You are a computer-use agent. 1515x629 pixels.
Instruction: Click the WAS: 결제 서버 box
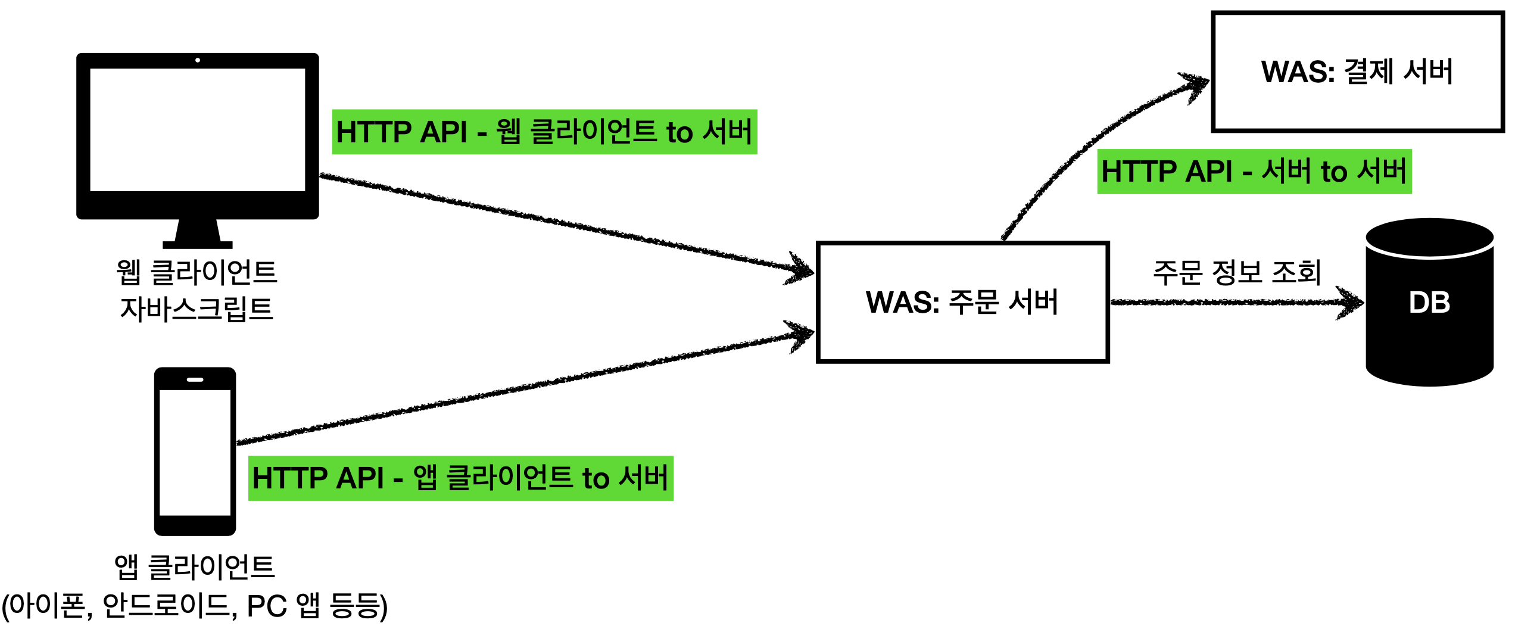[x=1358, y=71]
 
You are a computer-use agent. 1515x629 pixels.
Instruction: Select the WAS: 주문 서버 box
[x=962, y=302]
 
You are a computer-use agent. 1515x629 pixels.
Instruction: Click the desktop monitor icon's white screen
[x=197, y=129]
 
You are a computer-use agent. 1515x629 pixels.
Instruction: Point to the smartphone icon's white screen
[x=195, y=452]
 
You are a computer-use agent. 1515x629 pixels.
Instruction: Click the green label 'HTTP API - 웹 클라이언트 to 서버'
[x=544, y=132]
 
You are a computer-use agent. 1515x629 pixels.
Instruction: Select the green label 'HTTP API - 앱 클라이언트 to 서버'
[x=460, y=478]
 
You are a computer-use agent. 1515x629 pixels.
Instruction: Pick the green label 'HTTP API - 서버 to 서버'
[x=1254, y=172]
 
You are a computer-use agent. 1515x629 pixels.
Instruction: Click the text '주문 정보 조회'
[x=1237, y=273]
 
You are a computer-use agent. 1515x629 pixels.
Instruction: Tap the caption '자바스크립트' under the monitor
[x=197, y=309]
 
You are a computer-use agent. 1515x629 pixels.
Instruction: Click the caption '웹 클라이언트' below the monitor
[x=197, y=272]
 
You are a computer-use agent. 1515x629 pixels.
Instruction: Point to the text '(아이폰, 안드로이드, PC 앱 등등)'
[x=195, y=606]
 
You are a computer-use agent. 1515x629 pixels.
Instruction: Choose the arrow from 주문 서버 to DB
[x=1233, y=303]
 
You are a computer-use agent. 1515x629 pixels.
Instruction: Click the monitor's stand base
[x=197, y=244]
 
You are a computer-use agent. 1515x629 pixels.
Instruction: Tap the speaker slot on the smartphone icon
[x=195, y=379]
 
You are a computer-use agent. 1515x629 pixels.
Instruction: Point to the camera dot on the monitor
[x=198, y=60]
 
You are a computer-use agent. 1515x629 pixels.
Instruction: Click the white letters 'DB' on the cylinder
[x=1429, y=303]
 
